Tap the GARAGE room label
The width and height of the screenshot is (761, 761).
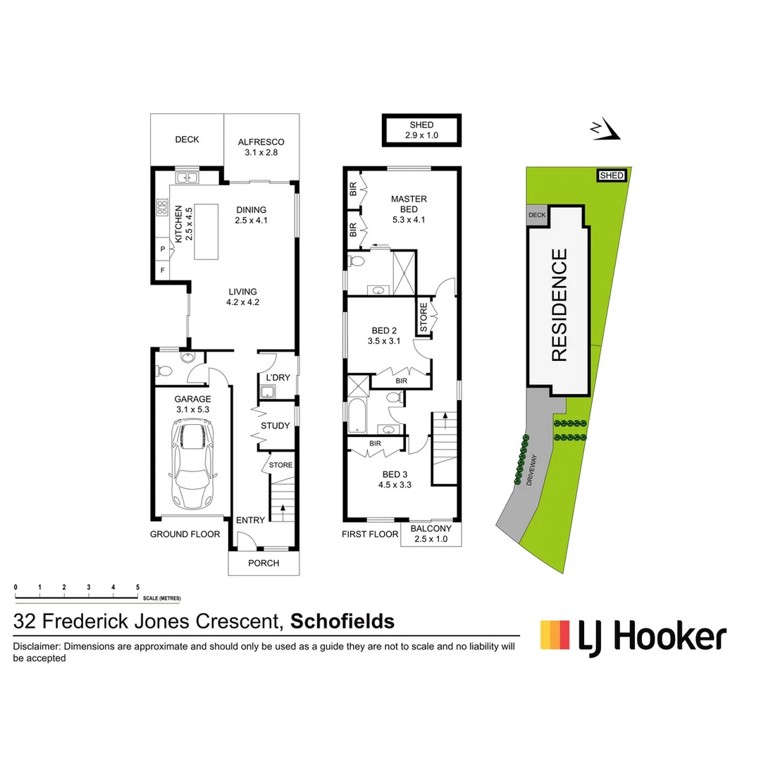[x=193, y=399]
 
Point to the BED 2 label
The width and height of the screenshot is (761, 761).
[x=384, y=330]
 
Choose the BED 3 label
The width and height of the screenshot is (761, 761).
[x=395, y=474]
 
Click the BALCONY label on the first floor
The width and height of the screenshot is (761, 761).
[x=431, y=529]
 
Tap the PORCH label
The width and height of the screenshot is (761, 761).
[x=264, y=563]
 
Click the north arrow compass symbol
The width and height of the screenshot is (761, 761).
[x=605, y=129]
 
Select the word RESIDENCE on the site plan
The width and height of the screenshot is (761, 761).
[x=559, y=304]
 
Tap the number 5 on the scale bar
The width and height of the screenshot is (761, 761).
[x=138, y=587]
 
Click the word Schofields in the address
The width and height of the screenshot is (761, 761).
[x=342, y=621]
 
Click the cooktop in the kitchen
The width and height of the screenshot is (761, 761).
[x=161, y=208]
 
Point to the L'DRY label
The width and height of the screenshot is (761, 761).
[x=276, y=378]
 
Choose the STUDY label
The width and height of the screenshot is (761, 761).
[x=276, y=426]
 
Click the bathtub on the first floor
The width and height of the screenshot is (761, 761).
[x=355, y=417]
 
